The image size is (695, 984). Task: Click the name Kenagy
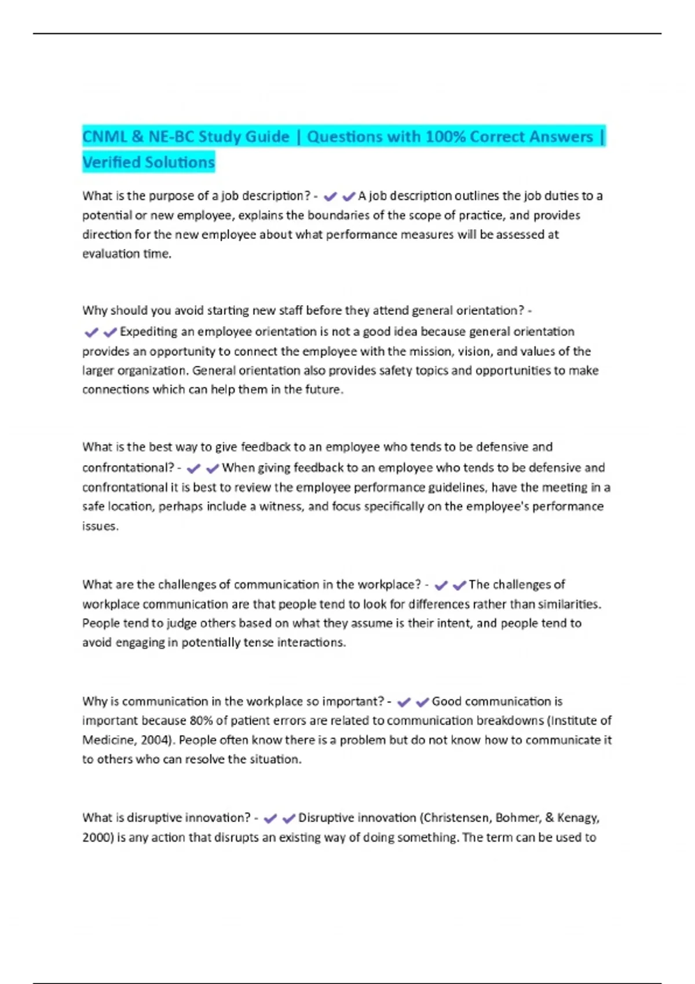(x=577, y=818)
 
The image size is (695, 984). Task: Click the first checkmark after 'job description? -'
(x=330, y=197)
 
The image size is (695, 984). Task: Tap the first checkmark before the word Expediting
(x=91, y=332)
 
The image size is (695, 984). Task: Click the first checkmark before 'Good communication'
(x=404, y=702)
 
